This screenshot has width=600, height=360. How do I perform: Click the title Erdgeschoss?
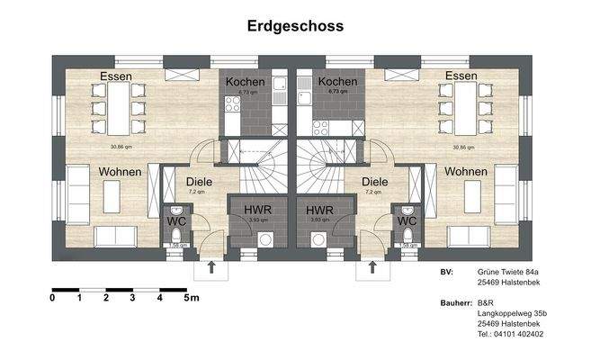pos(295,26)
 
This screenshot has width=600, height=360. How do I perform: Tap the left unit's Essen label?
pos(117,76)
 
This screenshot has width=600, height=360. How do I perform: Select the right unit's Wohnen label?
pos(466,172)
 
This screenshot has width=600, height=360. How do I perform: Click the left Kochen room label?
pos(245,82)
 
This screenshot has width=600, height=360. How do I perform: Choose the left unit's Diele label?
pos(200,180)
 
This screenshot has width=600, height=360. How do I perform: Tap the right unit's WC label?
pos(407,220)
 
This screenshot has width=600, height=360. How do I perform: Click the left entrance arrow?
pos(211,266)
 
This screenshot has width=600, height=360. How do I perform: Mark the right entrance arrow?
pos(372,266)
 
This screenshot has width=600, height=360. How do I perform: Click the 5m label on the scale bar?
pos(192,297)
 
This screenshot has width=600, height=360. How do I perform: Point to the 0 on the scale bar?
pos(53,297)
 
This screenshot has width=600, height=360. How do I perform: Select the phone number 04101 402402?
pos(517,334)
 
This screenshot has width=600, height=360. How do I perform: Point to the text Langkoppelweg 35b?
pos(513,312)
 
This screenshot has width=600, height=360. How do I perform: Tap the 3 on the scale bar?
pos(132,297)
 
